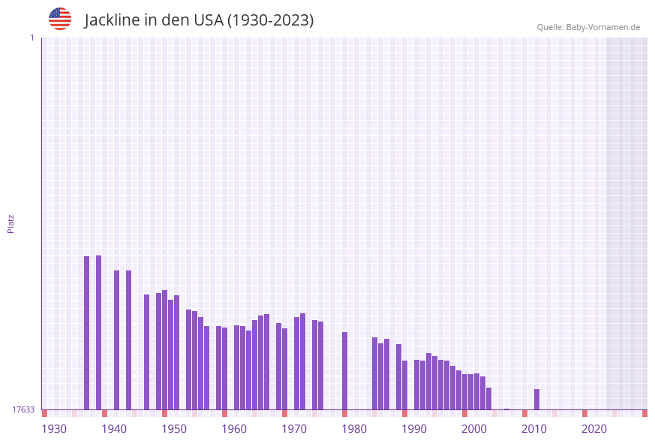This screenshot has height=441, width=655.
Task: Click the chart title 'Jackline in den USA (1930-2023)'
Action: [199, 20]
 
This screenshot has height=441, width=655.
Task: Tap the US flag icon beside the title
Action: [60, 19]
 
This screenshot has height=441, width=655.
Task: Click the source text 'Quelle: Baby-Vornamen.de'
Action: [588, 27]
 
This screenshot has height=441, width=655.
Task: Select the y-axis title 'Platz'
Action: [11, 223]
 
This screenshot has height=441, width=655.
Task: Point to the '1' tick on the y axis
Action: [32, 38]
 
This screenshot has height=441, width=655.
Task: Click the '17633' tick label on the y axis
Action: [23, 409]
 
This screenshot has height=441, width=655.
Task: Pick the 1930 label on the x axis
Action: [54, 429]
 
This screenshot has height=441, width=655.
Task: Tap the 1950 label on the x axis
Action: [174, 429]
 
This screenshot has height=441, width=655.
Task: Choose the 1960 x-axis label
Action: [234, 429]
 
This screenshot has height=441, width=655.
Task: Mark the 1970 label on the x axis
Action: [294, 429]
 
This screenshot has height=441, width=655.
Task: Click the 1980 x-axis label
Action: [354, 429]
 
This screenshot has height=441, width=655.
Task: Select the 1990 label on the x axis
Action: [414, 429]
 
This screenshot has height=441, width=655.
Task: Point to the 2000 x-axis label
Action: [474, 429]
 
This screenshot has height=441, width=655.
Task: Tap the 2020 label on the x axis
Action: [594, 429]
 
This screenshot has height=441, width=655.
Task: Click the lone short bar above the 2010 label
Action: [536, 400]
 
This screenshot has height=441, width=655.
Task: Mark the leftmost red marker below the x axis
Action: [45, 413]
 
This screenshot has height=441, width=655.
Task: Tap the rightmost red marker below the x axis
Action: [644, 413]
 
